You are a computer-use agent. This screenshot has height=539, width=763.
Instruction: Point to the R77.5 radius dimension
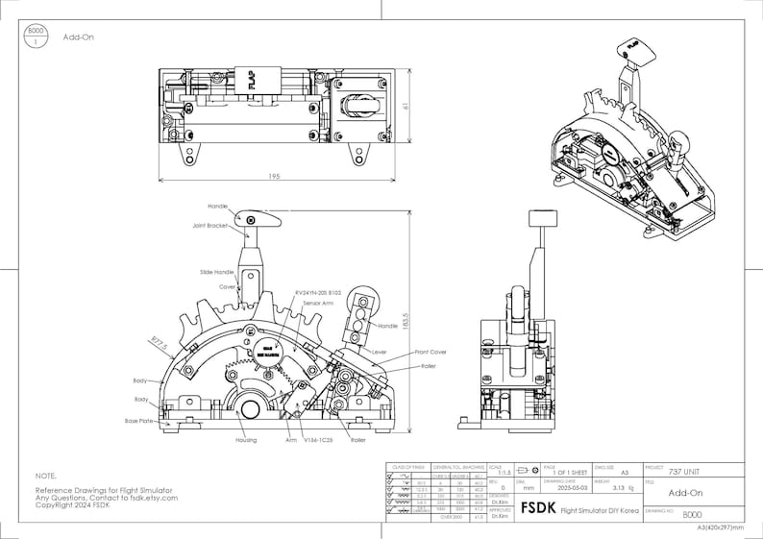(x=159, y=340)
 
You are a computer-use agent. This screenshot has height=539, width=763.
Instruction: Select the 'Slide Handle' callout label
(x=217, y=273)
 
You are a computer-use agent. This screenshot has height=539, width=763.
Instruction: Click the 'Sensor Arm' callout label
(x=319, y=302)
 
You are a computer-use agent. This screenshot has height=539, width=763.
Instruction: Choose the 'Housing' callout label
(x=246, y=440)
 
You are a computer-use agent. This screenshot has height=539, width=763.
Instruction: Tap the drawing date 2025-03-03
(x=562, y=487)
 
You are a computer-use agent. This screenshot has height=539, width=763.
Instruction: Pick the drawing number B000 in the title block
(x=692, y=515)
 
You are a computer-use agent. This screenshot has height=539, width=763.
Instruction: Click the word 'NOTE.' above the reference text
(x=46, y=476)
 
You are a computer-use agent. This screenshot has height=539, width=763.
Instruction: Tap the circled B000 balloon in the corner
(x=37, y=37)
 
